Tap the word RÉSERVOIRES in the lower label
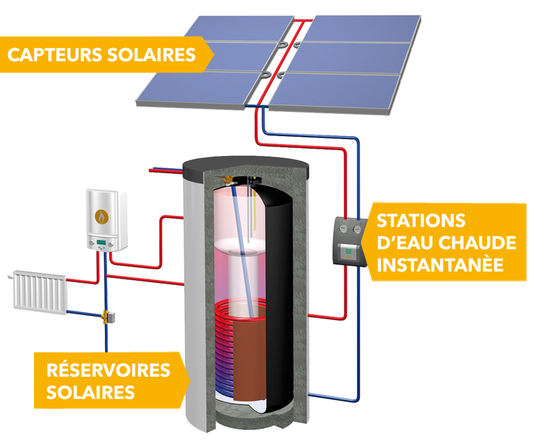[108, 370]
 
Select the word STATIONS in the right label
[412, 220]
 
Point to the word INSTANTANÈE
[440, 265]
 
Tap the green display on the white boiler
[100, 242]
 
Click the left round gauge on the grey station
[342, 228]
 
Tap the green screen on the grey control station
[351, 252]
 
